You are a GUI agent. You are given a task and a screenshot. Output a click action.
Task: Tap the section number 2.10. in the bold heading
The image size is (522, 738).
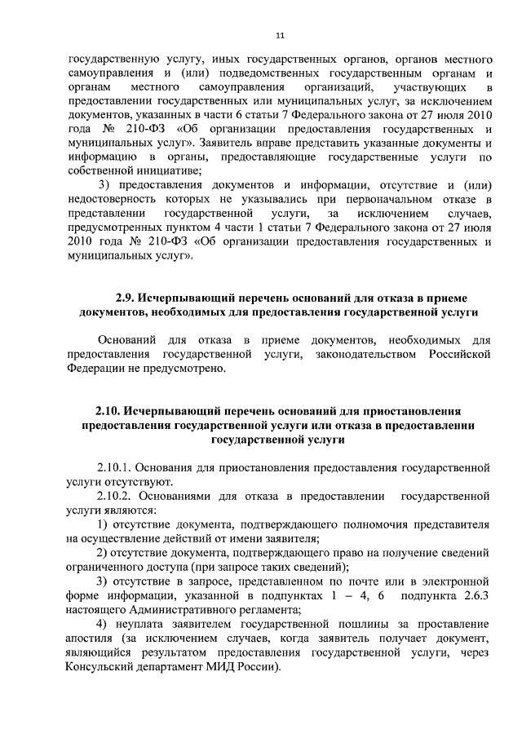[x=111, y=410]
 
